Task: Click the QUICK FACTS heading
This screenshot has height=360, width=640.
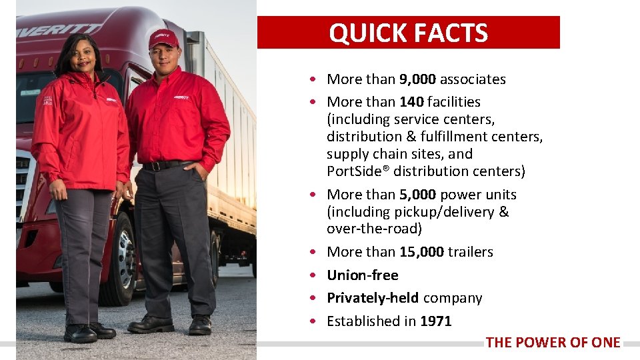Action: (408, 33)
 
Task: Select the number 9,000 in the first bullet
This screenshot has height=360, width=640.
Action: (417, 79)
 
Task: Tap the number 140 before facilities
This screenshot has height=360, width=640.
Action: (411, 102)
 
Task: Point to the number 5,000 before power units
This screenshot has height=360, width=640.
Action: (417, 195)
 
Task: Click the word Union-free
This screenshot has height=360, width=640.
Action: (362, 275)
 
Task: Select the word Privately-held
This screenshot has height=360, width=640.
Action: (373, 298)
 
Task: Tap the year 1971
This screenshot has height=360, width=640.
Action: (435, 321)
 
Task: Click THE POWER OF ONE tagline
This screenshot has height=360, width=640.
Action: (553, 343)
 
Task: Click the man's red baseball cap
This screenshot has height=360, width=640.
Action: (163, 39)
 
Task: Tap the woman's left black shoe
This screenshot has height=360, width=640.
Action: (80, 332)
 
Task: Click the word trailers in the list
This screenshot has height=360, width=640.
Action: (471, 252)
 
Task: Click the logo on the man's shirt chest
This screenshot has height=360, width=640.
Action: (181, 97)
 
